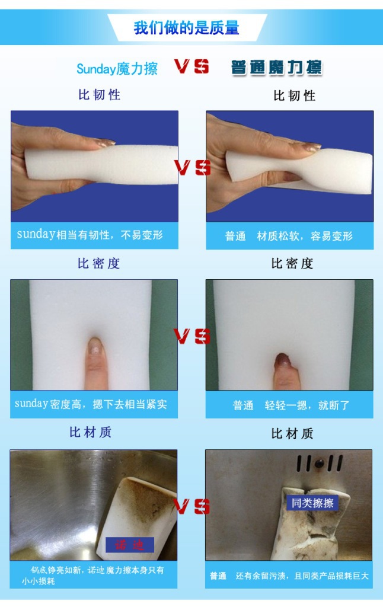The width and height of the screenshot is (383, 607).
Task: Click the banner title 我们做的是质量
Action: [186, 28]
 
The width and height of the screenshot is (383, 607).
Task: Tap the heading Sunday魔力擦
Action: [117, 69]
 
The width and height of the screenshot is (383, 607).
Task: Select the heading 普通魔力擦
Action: [276, 68]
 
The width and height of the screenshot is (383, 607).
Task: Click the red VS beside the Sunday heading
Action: [191, 66]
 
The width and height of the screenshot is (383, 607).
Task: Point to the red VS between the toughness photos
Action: [193, 167]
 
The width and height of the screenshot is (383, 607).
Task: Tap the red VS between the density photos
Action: [192, 336]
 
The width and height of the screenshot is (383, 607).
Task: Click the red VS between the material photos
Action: [191, 506]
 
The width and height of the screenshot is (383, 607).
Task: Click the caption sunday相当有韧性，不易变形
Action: [90, 235]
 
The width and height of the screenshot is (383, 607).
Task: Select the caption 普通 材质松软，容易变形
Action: [289, 236]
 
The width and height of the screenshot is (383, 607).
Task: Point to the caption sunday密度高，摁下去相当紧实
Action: [91, 404]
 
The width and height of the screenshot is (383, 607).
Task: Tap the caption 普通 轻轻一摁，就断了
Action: [291, 405]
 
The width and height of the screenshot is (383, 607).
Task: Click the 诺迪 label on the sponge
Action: [130, 545]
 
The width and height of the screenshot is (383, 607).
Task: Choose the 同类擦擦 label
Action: [312, 503]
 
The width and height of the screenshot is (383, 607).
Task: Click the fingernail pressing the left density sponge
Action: [95, 346]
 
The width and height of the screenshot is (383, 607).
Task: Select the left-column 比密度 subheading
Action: [99, 264]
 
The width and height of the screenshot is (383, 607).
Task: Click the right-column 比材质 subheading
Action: [292, 433]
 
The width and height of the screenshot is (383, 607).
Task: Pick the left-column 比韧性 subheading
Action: [100, 94]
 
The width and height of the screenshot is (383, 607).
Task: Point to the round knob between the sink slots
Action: [320, 463]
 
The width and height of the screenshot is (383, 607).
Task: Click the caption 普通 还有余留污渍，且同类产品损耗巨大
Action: [289, 576]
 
